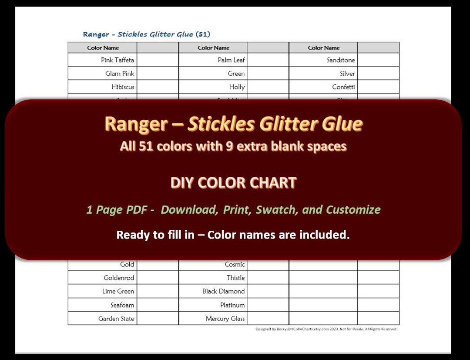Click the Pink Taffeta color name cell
point(117,60)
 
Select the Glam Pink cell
point(120,74)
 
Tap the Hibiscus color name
point(123,87)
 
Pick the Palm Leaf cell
point(231,60)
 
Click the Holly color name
point(237,87)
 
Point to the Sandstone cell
point(341,60)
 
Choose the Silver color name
point(347,74)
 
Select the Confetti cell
point(343,87)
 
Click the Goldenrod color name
point(119,278)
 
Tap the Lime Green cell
point(118,291)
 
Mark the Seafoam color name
point(122,305)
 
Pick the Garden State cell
point(116,319)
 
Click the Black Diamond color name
point(223,291)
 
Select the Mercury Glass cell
point(225,319)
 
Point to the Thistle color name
point(235,278)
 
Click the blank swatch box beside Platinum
point(268,305)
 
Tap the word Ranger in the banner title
point(136,124)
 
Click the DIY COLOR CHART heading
point(233,183)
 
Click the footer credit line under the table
point(326,329)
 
